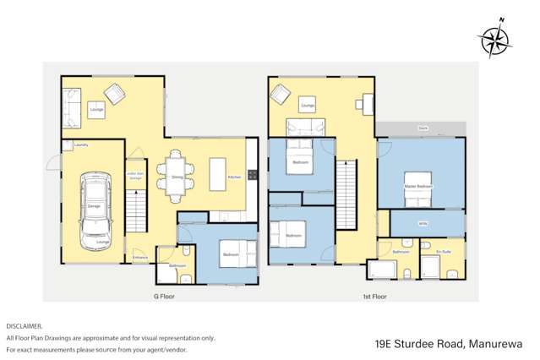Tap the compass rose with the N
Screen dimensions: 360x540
[494, 40]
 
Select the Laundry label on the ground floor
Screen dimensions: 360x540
[82, 145]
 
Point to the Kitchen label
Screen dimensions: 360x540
[235, 177]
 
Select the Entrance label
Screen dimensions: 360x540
[140, 257]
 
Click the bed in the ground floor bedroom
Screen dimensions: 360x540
[232, 252]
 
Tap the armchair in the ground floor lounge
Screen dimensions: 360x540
[114, 93]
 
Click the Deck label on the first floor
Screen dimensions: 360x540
[422, 128]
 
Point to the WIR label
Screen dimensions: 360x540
[422, 224]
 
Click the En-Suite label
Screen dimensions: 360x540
[442, 252]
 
